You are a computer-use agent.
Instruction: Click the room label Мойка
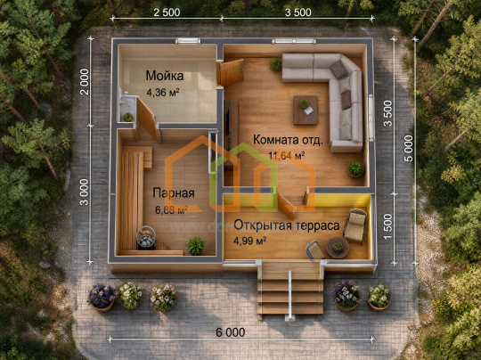coord(165,76)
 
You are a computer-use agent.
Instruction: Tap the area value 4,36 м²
coord(163,92)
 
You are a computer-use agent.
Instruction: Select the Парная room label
coord(174,193)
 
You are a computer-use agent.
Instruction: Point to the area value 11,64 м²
coord(287,156)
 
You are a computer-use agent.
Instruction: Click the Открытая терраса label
coord(287,225)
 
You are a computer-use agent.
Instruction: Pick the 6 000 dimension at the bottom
coord(231,332)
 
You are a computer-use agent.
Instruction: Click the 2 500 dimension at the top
coord(167,12)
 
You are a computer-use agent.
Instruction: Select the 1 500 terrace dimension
coord(388,227)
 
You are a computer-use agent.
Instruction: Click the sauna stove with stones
coord(146,237)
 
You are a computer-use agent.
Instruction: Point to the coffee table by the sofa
coord(306,110)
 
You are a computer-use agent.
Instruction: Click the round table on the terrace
coord(338,248)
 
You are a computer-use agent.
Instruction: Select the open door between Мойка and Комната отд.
coord(231,72)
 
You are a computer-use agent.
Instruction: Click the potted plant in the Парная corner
coord(195,246)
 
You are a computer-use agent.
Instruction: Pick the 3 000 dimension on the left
coord(84,192)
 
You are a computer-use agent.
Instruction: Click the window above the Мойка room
coord(188,41)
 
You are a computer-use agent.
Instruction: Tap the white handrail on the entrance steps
coord(289,295)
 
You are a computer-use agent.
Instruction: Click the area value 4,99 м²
coord(249,241)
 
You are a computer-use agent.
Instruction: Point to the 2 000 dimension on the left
coord(84,82)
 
